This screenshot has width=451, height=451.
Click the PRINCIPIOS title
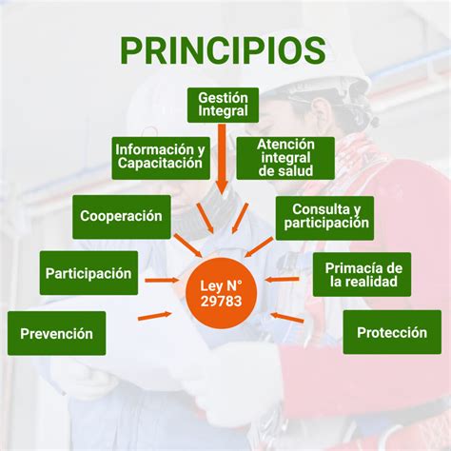[223, 50]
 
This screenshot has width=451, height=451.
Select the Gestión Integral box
[223, 106]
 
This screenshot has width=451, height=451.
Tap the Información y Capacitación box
[160, 157]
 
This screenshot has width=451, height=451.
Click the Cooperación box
[122, 217]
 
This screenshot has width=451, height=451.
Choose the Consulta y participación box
[324, 217]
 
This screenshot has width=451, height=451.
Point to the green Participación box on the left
[88, 274]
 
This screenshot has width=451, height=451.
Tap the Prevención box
[56, 333]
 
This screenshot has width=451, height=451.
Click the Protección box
[392, 332]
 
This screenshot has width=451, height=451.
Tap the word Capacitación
[160, 164]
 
